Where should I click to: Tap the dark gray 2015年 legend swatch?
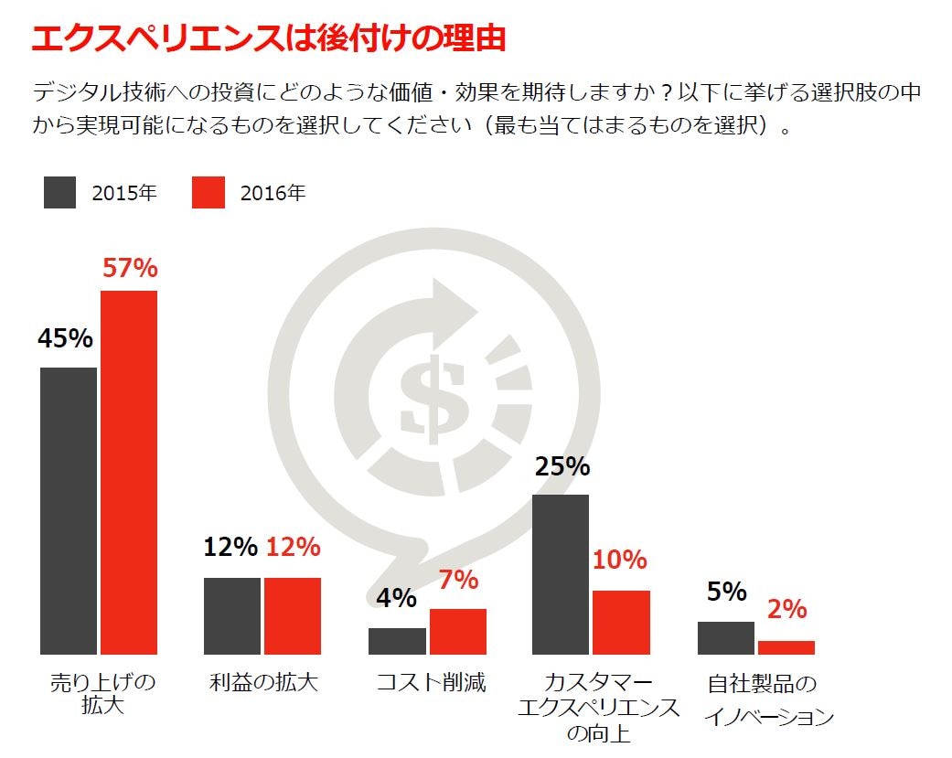[x=59, y=192]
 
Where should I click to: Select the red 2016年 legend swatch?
[x=209, y=192]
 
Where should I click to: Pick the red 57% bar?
[x=129, y=472]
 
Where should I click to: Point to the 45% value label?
[x=65, y=338]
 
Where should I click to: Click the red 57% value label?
[x=130, y=268]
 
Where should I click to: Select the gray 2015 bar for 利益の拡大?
[x=232, y=615]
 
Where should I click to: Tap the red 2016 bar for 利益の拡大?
[x=293, y=615]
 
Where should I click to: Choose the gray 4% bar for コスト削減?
[x=397, y=641]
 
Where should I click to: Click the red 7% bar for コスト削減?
[x=458, y=631]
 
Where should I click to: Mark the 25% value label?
[x=562, y=466]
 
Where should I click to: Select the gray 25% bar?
[x=561, y=574]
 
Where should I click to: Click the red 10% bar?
[x=621, y=622]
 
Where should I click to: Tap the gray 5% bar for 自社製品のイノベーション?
[x=726, y=637]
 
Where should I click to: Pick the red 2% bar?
[x=786, y=647]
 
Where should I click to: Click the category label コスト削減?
[x=431, y=682]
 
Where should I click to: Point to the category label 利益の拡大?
[x=263, y=682]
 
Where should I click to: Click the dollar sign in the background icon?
[x=425, y=397]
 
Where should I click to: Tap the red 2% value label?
[x=786, y=609]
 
